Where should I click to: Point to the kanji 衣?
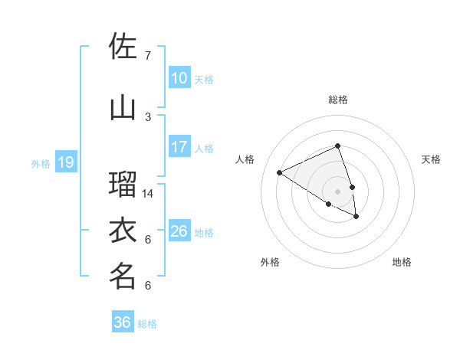coord(123,229)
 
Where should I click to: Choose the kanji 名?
coord(123,276)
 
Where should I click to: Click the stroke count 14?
coord(148,194)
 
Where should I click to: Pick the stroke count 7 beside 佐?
coord(148,56)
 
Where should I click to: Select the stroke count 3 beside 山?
coord(148,116)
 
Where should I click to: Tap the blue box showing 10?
coord(179,78)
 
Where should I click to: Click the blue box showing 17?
coord(179,147)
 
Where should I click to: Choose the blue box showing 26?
coord(179,231)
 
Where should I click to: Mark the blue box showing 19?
coord(65,162)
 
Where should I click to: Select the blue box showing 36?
coord(122,322)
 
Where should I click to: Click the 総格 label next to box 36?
coord(147,324)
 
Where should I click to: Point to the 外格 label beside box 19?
coord(40,163)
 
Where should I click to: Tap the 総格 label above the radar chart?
coord(338,100)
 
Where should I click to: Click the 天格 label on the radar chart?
coord(432,159)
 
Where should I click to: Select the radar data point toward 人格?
coord(280,172)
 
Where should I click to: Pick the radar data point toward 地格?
coord(356,217)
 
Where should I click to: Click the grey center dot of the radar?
coord(338,191)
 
